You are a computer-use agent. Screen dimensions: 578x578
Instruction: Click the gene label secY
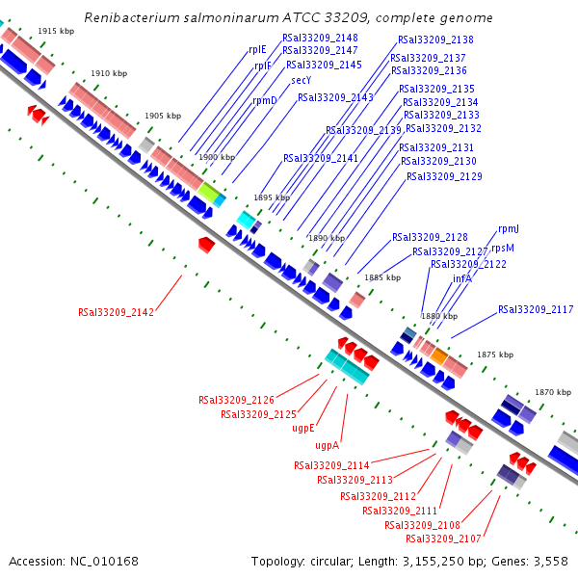click(x=302, y=80)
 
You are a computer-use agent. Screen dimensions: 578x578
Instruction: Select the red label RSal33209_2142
click(x=116, y=312)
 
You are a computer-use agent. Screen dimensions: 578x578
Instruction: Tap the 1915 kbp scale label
click(x=56, y=32)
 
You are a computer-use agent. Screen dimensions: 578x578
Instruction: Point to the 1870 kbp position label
click(x=553, y=393)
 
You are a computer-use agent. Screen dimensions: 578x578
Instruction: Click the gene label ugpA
click(x=327, y=446)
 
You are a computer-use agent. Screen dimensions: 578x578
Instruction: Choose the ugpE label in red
click(x=303, y=429)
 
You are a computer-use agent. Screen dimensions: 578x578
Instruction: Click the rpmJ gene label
click(x=509, y=229)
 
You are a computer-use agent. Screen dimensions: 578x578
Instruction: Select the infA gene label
click(x=462, y=278)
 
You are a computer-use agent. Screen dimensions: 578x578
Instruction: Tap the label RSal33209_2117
click(x=536, y=309)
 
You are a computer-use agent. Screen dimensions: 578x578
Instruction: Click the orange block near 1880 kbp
click(x=439, y=355)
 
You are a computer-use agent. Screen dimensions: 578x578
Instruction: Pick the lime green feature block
click(x=209, y=192)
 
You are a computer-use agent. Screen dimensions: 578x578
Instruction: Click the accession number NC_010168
click(x=104, y=562)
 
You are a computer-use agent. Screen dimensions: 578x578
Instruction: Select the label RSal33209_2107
click(x=443, y=539)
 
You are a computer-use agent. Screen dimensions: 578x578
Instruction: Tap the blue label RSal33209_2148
click(x=320, y=38)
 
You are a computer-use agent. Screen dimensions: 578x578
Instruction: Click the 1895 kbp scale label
click(x=272, y=197)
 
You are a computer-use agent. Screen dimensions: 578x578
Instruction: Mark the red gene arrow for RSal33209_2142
click(x=206, y=245)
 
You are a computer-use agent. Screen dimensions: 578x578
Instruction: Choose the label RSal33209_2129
click(x=444, y=177)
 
